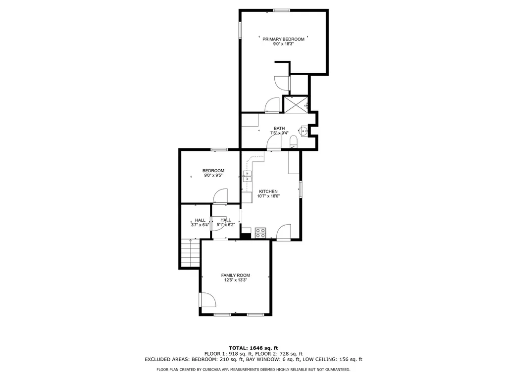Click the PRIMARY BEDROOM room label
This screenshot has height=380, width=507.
coord(283,39)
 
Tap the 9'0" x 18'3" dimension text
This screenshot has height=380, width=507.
coord(283,44)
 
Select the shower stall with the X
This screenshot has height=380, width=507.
coord(296,105)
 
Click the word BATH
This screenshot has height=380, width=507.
coord(279,129)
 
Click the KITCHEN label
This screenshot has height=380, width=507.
coord(268,191)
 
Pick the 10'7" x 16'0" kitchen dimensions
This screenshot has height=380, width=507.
coord(268,196)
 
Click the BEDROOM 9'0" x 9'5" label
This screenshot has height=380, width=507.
coord(213,173)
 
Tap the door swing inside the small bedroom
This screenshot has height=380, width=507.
coord(220,196)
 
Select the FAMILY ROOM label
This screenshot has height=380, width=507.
coord(235,275)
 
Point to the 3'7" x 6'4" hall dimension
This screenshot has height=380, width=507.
coord(200,225)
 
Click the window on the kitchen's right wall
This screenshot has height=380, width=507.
coord(301,190)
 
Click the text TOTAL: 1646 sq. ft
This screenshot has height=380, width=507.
coord(253,347)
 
